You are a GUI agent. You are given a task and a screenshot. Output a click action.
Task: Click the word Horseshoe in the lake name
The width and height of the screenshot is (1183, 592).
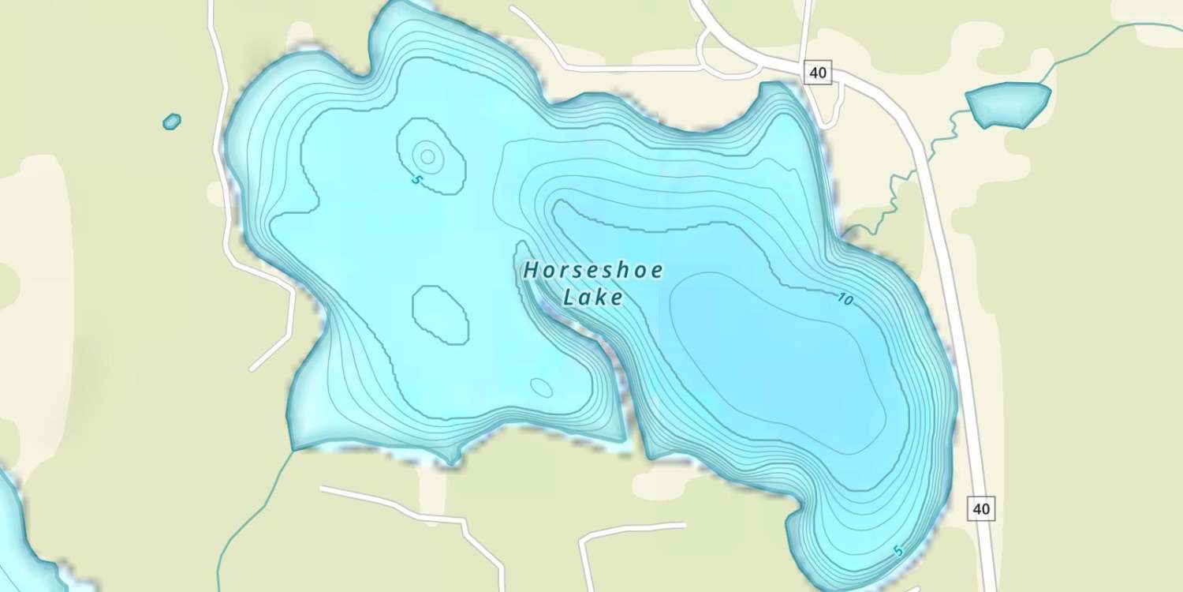(x=592, y=271)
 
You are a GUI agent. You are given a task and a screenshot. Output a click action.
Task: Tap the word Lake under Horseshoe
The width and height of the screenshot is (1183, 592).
(x=592, y=298)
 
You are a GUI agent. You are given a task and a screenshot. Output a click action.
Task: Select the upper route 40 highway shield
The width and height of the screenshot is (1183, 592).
(x=818, y=73)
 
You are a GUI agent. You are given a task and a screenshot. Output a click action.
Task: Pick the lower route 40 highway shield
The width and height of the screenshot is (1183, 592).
(x=981, y=508)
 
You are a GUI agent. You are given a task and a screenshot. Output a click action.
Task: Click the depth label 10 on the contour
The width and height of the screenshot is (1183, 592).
(x=845, y=299)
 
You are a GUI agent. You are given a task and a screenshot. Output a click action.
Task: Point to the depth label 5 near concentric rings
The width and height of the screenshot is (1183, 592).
(x=416, y=180)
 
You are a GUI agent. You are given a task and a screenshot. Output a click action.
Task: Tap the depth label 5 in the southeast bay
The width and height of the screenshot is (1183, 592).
(x=898, y=551)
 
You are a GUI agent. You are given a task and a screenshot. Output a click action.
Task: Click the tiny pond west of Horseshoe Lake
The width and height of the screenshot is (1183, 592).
(x=171, y=122)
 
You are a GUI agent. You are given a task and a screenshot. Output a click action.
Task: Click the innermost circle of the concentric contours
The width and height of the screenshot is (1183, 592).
(x=427, y=156)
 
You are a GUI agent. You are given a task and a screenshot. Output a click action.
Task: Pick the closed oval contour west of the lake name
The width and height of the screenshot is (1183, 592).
(x=440, y=314)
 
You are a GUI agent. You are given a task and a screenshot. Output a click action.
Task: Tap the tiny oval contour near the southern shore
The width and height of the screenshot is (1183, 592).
(x=541, y=387)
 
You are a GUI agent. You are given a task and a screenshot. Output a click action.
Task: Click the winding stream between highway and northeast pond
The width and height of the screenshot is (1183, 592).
(x=899, y=197)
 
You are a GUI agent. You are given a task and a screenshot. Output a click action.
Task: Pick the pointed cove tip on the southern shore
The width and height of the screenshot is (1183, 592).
(x=451, y=460)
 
